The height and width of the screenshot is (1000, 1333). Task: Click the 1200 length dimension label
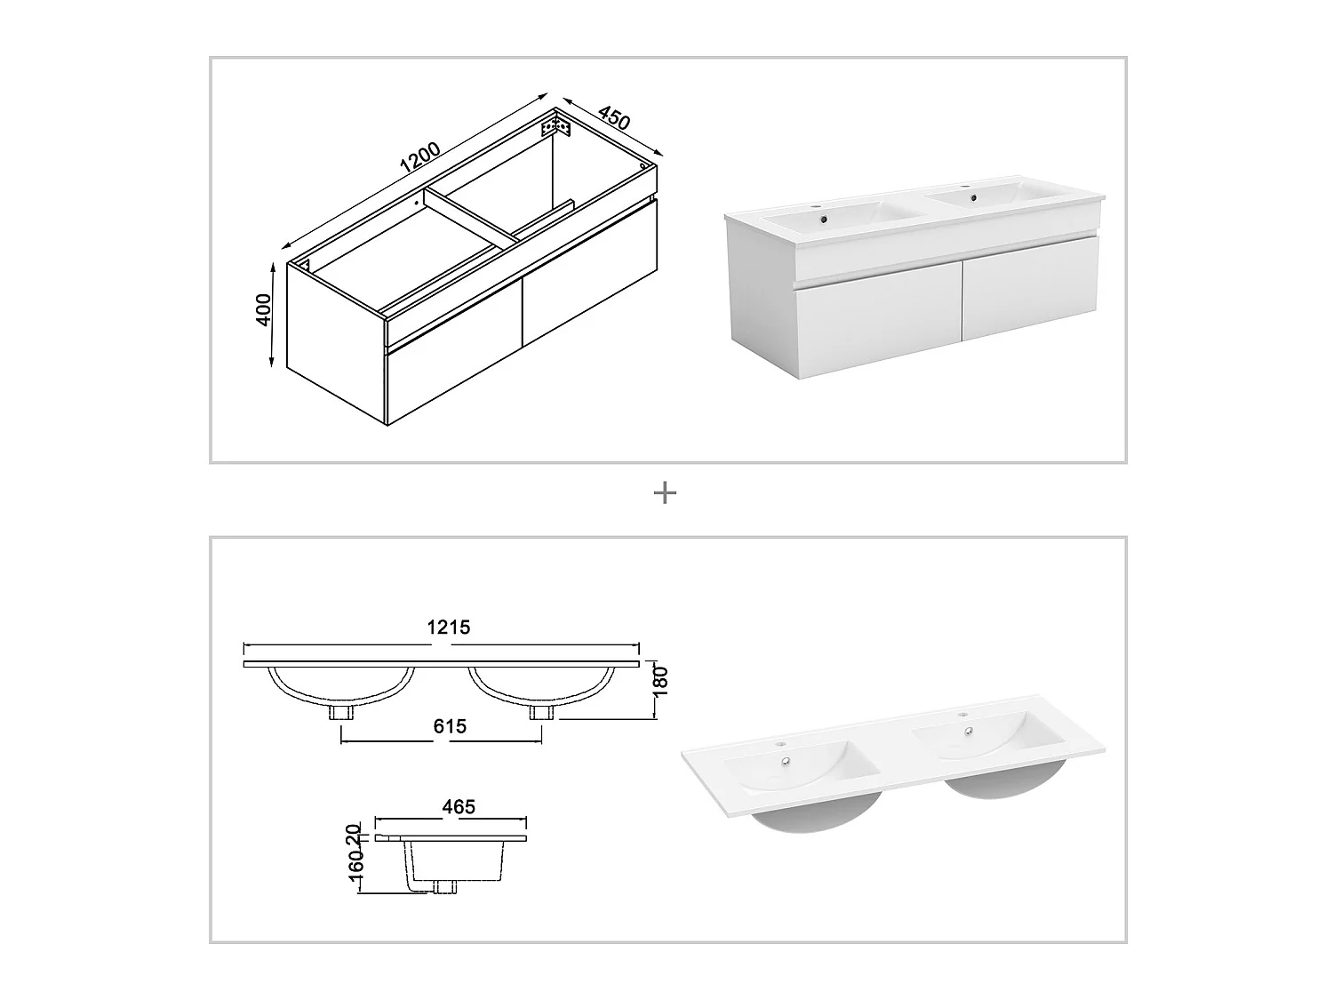point(419,157)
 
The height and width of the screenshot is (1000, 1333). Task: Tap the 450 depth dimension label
point(614,117)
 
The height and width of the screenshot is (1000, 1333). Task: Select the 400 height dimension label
point(264,309)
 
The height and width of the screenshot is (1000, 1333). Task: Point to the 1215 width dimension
point(449,627)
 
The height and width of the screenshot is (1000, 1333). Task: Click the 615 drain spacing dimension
point(450,726)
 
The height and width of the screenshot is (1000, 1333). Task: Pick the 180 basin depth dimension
point(661,681)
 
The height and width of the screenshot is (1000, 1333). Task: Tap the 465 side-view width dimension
point(459,807)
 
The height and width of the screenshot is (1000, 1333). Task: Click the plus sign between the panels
point(665,492)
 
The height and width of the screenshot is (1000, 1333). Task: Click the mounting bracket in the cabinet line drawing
point(556,127)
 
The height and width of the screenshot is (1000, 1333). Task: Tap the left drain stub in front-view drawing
point(340,712)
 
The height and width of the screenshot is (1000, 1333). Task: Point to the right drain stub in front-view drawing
point(541,712)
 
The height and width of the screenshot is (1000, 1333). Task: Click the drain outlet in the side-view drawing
point(444,887)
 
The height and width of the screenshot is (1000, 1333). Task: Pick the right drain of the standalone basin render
point(970,731)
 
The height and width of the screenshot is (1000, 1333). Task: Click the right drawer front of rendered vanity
point(1031,288)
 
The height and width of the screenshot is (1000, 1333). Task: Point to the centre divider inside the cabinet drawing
point(471,214)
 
